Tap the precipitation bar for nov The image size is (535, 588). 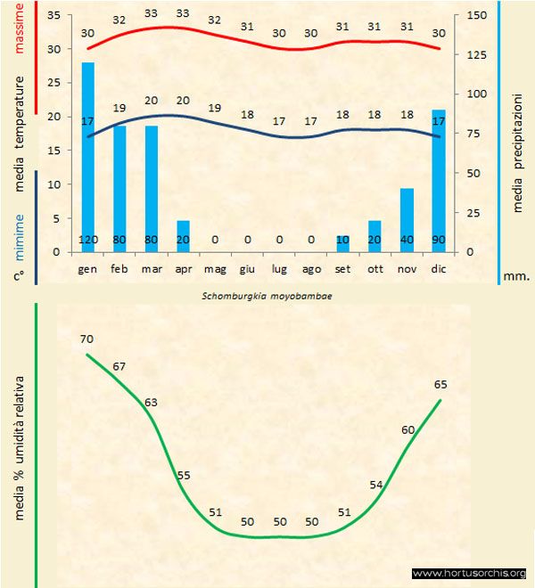tap(407, 219)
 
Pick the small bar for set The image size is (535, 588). tap(343, 243)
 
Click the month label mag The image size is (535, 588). tap(215, 268)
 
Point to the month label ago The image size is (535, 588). tap(311, 268)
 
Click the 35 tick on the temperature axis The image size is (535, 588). tap(52, 15)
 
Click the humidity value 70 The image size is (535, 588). tap(86, 339)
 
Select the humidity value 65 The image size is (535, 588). tap(440, 385)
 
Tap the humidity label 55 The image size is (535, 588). tap(184, 475)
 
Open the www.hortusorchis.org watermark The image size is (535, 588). tap(469, 573)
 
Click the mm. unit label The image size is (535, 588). tap(515, 276)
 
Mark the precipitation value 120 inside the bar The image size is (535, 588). tap(88, 240)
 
